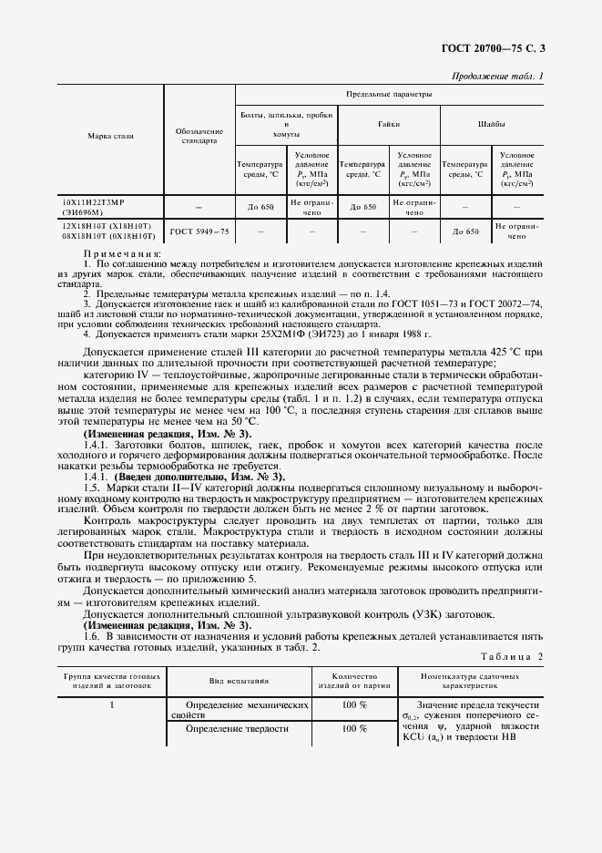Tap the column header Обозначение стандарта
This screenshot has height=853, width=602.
(199, 136)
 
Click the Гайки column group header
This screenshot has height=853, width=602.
(389, 123)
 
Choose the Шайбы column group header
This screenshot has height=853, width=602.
(492, 123)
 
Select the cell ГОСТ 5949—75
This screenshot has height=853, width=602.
(199, 231)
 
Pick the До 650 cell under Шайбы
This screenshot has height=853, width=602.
(465, 231)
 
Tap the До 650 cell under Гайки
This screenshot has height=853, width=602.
(363, 207)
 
